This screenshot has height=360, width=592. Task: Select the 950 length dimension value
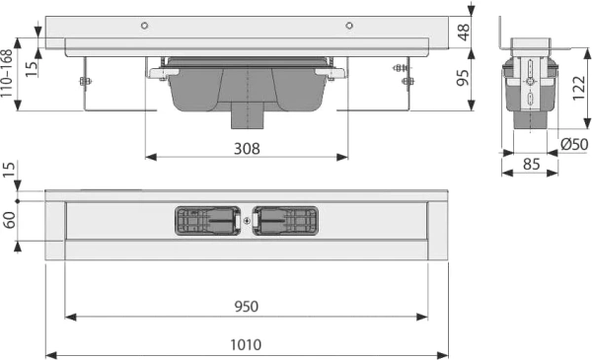247,307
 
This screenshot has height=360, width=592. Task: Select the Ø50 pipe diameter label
573,145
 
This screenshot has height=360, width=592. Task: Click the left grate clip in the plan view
207,221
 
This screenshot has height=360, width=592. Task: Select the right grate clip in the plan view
285,221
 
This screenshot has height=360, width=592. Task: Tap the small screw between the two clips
246,221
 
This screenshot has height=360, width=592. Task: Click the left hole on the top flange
144,24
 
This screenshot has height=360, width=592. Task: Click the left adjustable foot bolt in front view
85,81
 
